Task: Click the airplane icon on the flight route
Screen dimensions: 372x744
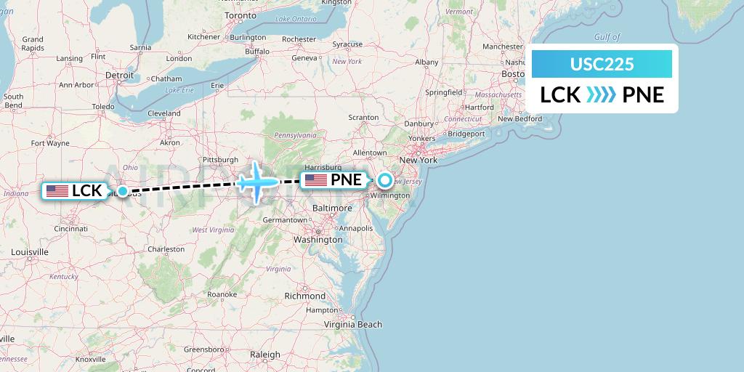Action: (256, 182)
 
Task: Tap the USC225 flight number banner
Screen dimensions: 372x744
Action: (602, 64)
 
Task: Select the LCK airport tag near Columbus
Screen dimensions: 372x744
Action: (75, 191)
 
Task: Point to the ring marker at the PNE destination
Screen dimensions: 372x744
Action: (384, 180)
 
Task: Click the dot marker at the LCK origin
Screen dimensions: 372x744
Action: (123, 191)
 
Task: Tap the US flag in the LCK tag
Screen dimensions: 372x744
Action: (57, 191)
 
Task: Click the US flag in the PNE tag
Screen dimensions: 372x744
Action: (316, 180)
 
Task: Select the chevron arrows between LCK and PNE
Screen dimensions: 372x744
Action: (601, 95)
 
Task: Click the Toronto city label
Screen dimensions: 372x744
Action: (240, 15)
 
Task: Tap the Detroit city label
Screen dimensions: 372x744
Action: (120, 75)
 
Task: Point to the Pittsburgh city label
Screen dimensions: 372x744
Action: (220, 159)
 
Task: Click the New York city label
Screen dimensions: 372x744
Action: (418, 159)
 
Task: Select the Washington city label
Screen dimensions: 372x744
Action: (318, 239)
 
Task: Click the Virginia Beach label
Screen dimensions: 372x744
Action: (353, 324)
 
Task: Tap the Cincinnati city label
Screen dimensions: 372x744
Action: (71, 228)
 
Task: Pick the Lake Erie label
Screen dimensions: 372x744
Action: (179, 90)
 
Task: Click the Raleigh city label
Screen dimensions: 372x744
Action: (264, 355)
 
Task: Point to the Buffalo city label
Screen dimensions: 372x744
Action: (257, 52)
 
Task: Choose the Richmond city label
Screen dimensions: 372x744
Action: (305, 296)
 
